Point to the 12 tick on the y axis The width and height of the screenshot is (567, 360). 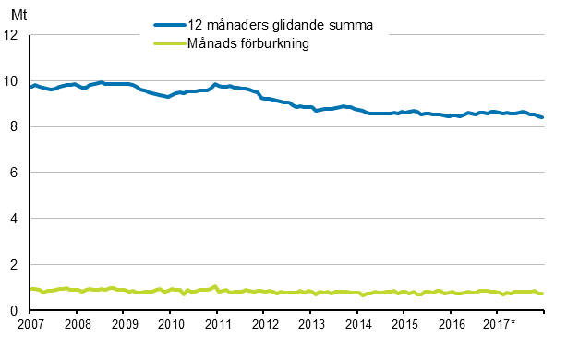pos(13,35)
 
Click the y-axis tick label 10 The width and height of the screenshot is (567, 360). pos(13,81)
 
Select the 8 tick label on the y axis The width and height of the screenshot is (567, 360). pos(17,127)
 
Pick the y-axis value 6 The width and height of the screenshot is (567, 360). pos(17,173)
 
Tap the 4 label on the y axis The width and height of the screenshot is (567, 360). pos(17,219)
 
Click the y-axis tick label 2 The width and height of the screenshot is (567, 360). pos(17,265)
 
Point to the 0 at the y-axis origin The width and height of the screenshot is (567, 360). pos(17,311)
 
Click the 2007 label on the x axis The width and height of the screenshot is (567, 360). pos(30,324)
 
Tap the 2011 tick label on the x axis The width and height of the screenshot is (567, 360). pos(217,324)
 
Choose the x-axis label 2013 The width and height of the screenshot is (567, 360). pos(310,324)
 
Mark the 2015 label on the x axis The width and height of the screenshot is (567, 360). pos(404,324)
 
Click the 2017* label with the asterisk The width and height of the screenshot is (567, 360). pos(500,324)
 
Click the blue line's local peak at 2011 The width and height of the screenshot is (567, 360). pos(215,84)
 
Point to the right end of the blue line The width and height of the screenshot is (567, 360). pos(542,117)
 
